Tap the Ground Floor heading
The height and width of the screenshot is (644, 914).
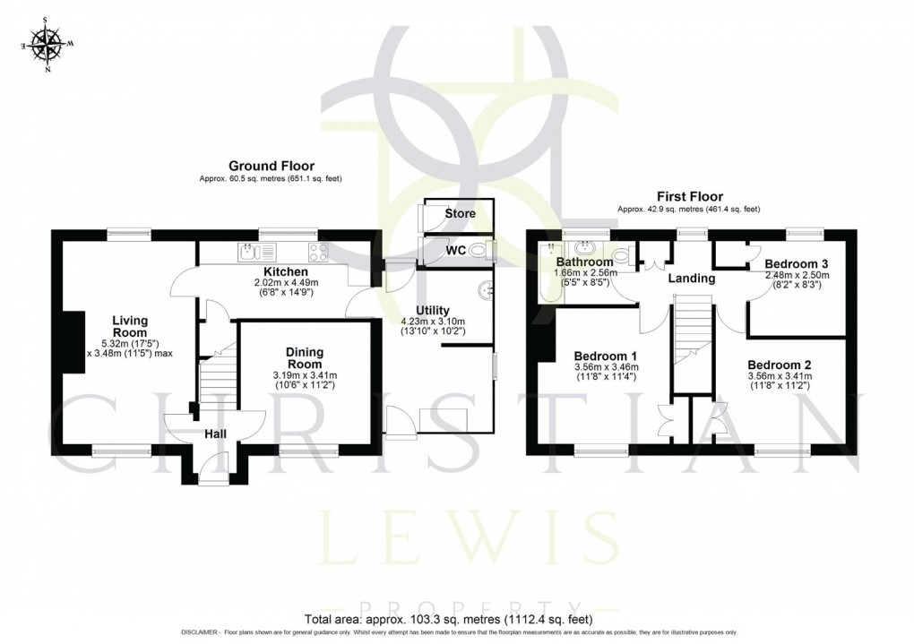point(271,166)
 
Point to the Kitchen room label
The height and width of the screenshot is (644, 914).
point(285,271)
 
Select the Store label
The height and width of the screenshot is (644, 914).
point(461,214)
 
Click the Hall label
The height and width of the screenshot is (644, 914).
point(216,434)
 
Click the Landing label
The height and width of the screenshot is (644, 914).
point(692,279)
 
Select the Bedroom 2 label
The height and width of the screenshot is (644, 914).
point(780,365)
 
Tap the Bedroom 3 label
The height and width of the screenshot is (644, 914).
point(797,263)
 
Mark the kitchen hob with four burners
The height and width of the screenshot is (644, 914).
point(317,253)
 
